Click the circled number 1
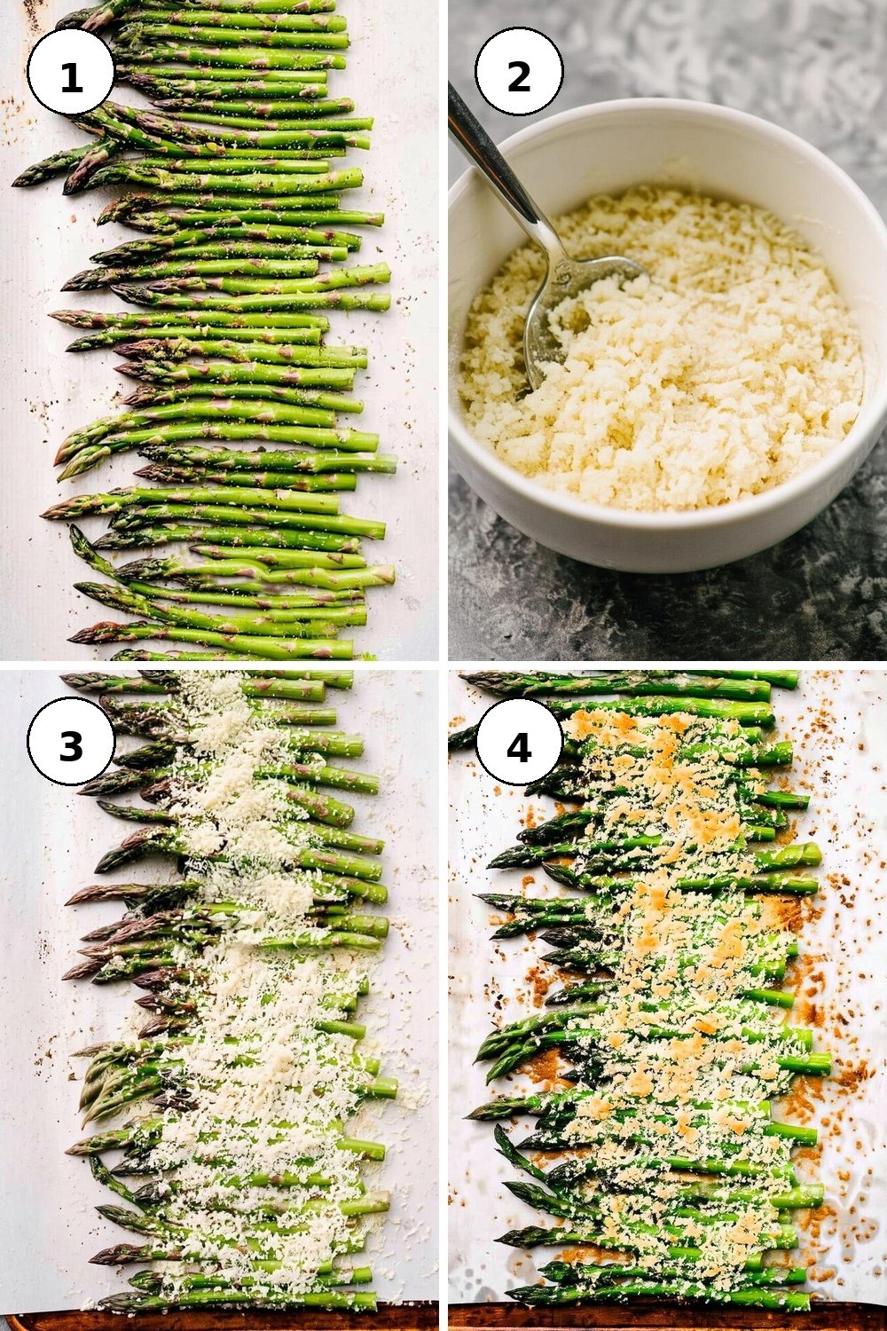[71, 72]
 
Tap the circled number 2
[519, 72]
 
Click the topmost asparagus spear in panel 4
[630, 679]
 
